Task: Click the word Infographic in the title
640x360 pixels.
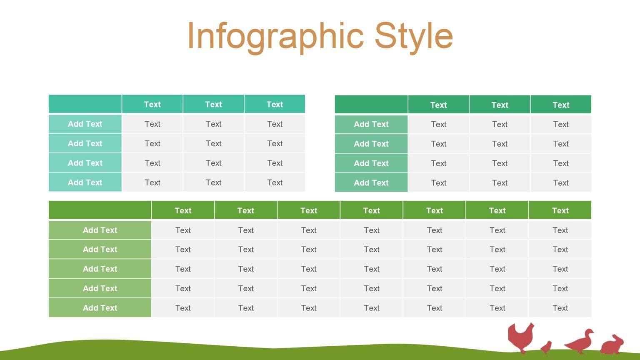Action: (275, 37)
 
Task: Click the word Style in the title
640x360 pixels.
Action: (413, 37)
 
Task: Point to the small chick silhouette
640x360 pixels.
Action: (546, 347)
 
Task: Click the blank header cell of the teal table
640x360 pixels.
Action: (85, 104)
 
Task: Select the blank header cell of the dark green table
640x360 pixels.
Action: (371, 105)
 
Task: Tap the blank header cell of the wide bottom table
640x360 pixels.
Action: (100, 210)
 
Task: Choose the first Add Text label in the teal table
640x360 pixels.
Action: (85, 124)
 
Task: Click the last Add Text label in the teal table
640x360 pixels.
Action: (85, 182)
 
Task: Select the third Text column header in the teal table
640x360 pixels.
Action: (275, 105)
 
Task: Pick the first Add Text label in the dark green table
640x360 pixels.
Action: (371, 124)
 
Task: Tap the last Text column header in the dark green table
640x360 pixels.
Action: (560, 105)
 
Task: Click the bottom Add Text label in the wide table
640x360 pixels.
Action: (100, 308)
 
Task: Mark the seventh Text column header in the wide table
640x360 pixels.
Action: (560, 211)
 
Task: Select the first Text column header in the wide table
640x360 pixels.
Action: (183, 211)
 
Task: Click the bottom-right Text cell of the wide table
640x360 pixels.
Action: (560, 308)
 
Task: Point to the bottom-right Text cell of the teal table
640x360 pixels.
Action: (275, 182)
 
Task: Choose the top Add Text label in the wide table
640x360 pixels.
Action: (100, 230)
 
